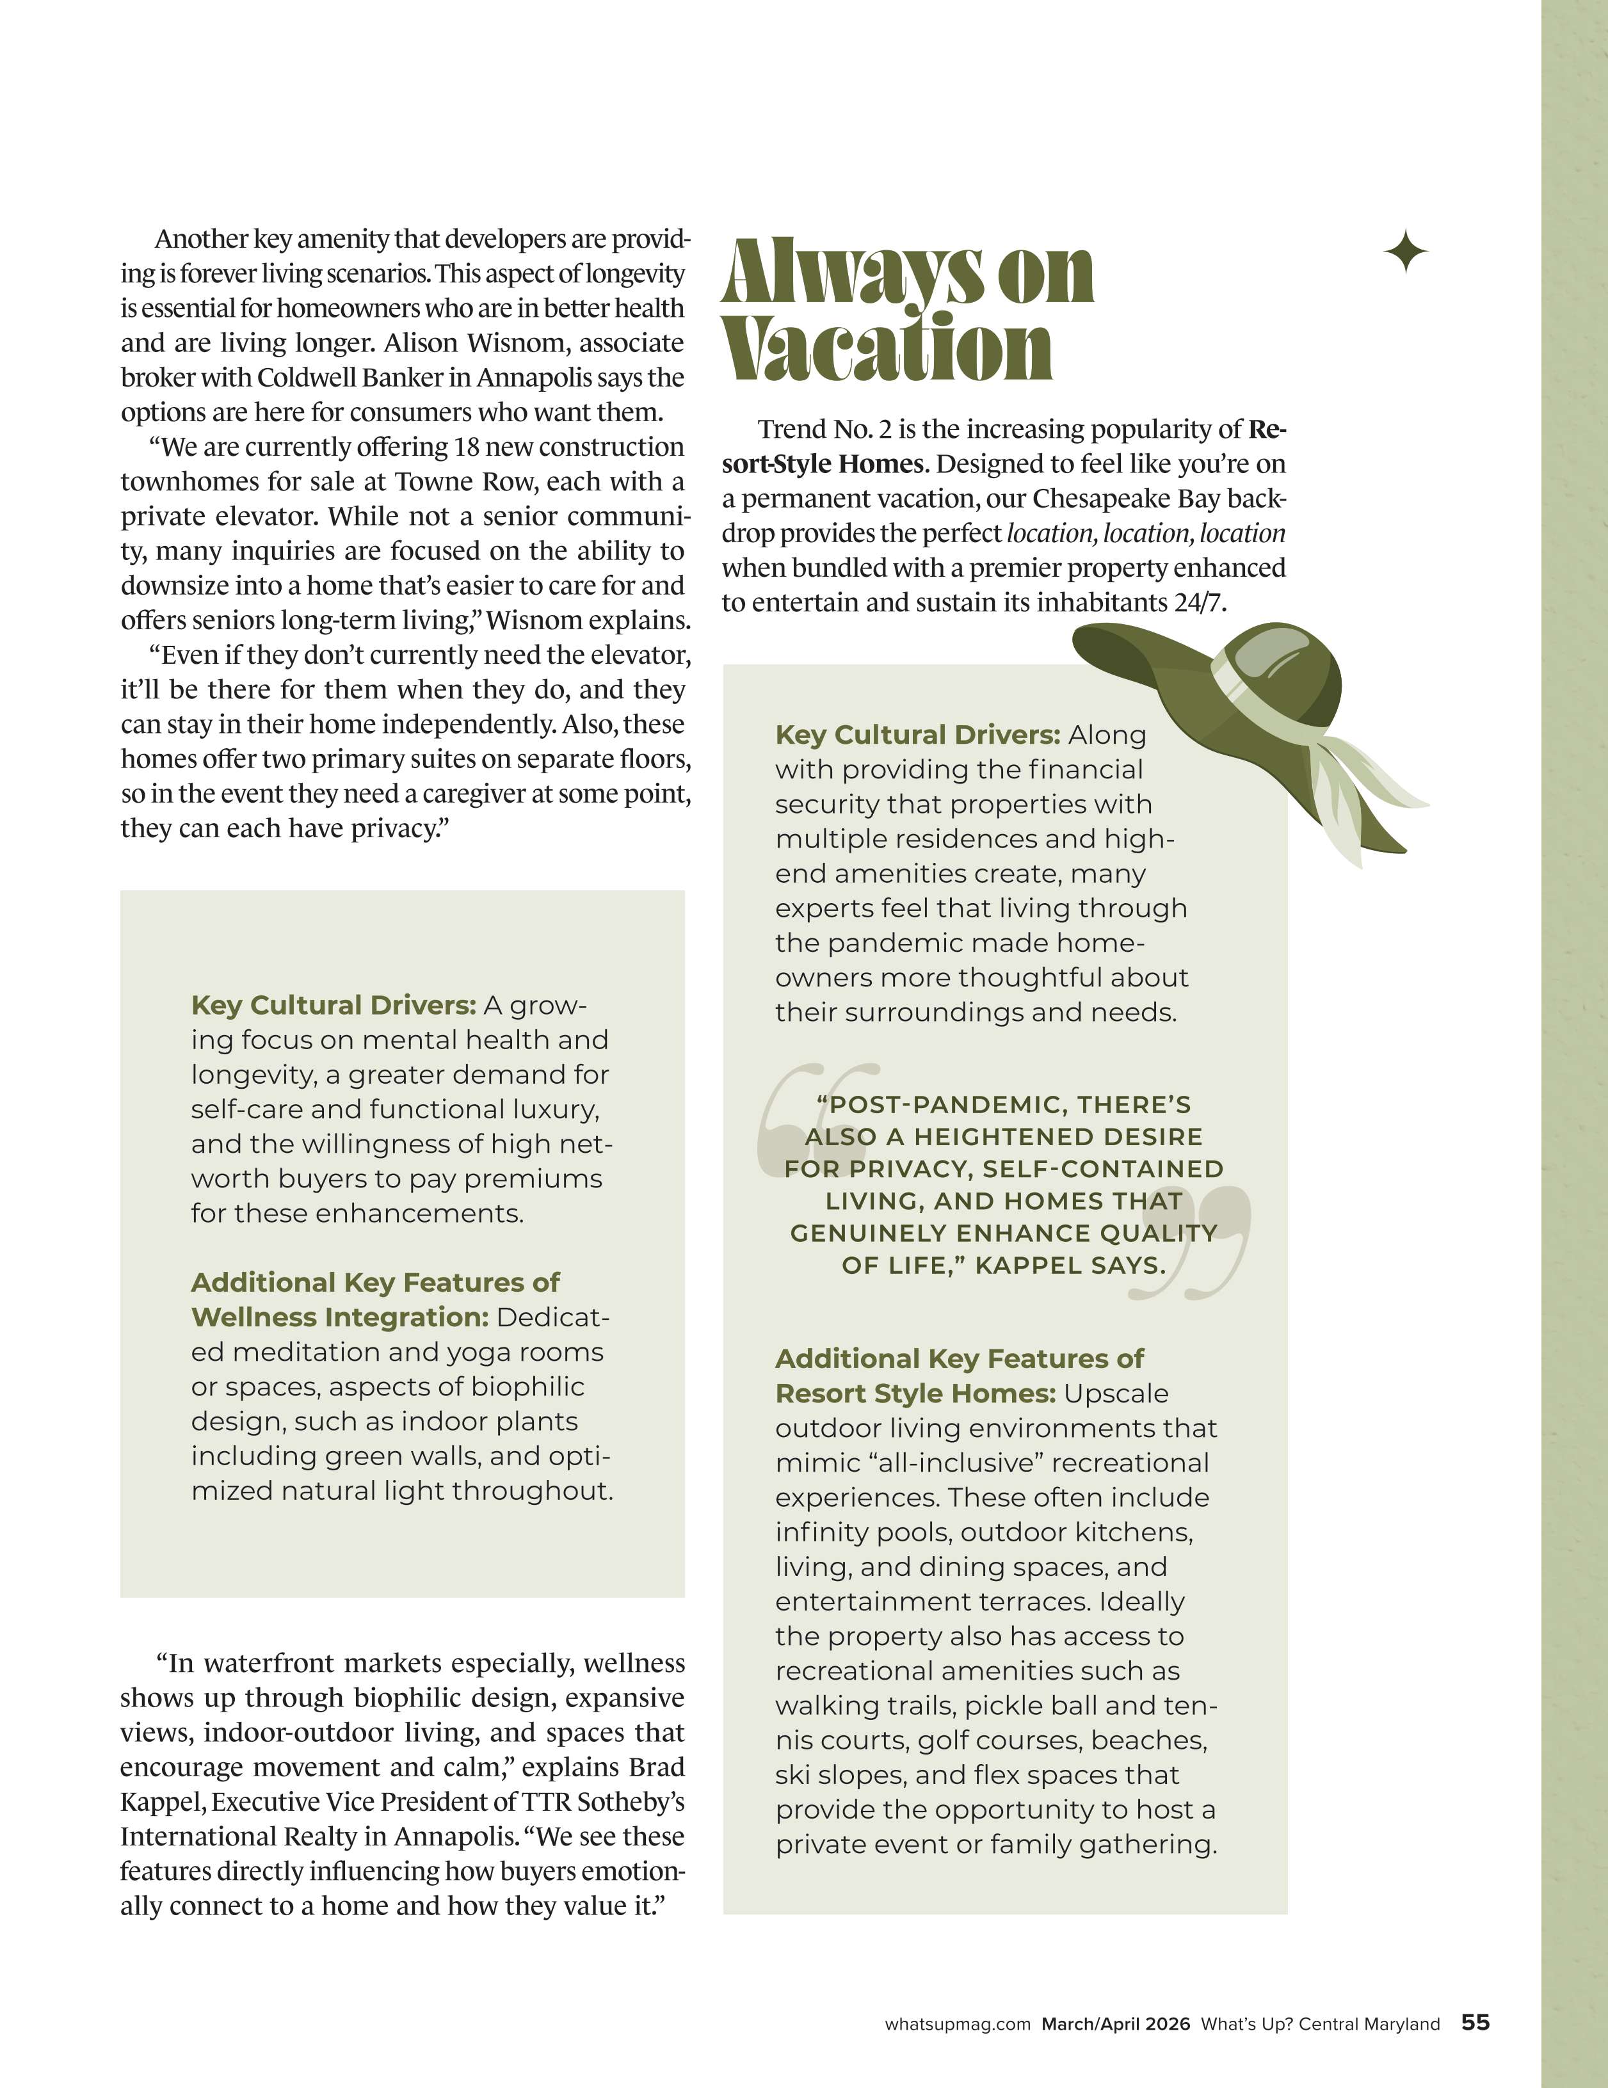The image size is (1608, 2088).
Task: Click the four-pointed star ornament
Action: [x=1405, y=252]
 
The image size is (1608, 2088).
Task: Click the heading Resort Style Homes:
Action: [x=915, y=1394]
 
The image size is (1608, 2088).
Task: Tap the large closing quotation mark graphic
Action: [x=1190, y=1243]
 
